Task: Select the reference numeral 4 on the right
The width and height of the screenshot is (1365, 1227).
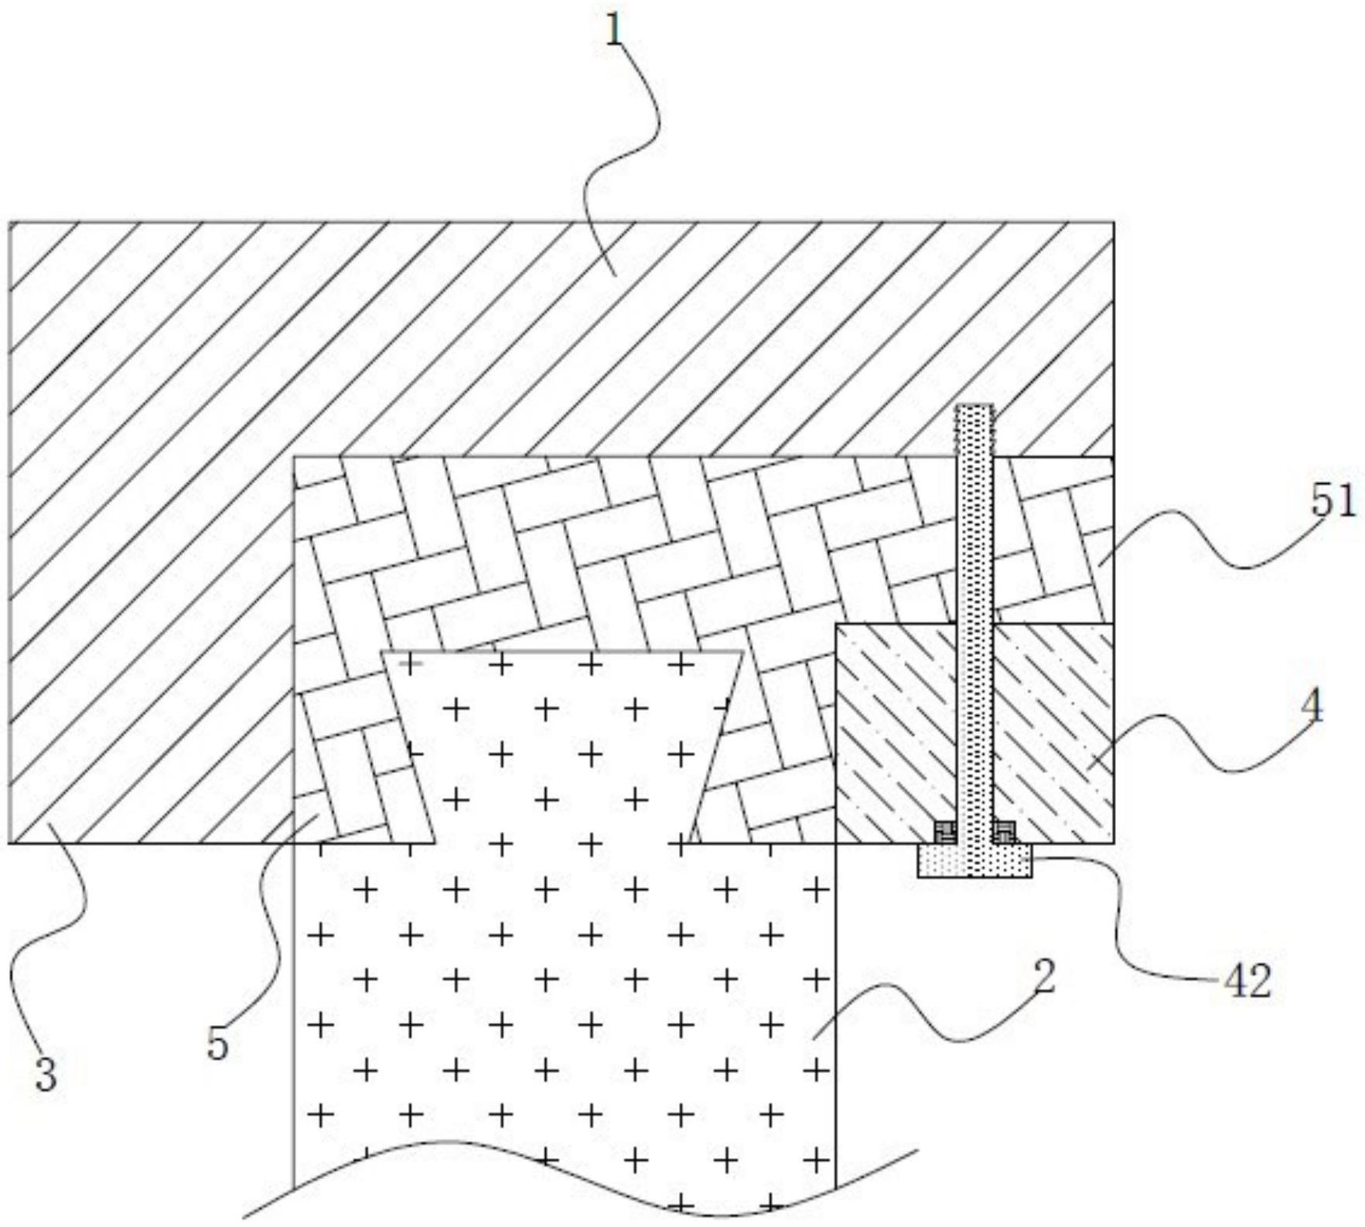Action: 1312,706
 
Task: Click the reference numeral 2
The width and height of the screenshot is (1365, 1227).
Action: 1044,977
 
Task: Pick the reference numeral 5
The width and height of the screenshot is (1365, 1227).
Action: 218,1045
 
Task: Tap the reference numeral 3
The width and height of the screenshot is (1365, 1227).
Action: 46,1074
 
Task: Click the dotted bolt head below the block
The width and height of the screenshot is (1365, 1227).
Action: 974,861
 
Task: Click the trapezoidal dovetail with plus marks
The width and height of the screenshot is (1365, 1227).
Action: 562,742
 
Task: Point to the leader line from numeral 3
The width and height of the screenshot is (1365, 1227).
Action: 54,928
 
